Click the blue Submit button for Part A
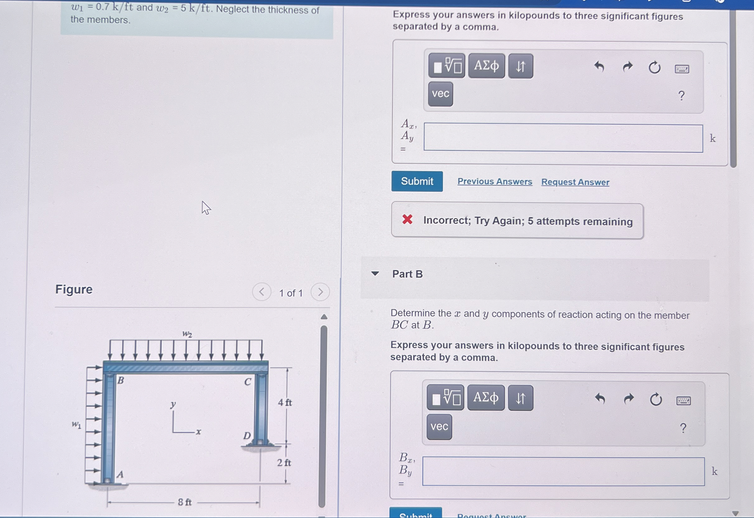[x=417, y=181]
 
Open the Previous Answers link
[x=495, y=181]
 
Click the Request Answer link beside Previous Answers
[x=575, y=182]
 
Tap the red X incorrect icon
[x=407, y=219]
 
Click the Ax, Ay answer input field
[x=563, y=138]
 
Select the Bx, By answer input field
[x=563, y=471]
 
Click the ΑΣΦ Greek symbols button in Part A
[x=486, y=66]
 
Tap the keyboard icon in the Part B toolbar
[x=683, y=401]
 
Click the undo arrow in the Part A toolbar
[x=599, y=67]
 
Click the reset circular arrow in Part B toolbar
[x=656, y=399]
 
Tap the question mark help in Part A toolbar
[x=681, y=96]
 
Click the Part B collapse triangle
[x=375, y=273]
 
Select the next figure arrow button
[x=320, y=292]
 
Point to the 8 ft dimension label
[x=185, y=502]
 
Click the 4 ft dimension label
[x=285, y=402]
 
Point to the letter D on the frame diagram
[x=247, y=435]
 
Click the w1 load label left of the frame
[x=77, y=424]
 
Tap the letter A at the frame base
[x=120, y=474]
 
